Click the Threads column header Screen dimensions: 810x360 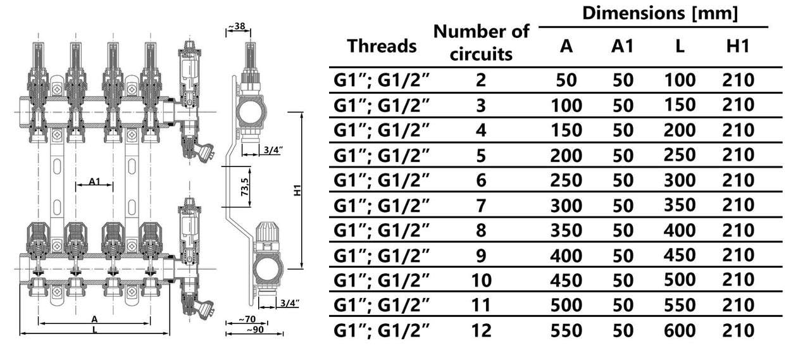[382, 46]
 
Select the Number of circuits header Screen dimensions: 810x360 [481, 42]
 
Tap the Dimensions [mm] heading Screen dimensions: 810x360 [660, 13]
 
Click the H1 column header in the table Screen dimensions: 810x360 [738, 46]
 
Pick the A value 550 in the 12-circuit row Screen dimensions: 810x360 [566, 331]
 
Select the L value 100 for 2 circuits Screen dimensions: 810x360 [680, 80]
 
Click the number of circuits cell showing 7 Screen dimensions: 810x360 [481, 206]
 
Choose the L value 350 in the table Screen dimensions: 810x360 [680, 205]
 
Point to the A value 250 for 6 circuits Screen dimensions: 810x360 [566, 180]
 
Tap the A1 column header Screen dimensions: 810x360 [623, 46]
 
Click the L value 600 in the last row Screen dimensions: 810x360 [680, 331]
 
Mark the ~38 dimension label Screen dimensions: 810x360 [237, 26]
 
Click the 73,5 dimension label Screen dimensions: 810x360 [245, 187]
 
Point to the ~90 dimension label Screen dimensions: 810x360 [255, 330]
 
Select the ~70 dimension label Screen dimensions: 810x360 [247, 319]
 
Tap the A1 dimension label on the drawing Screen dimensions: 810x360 [94, 181]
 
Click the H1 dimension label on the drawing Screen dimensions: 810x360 [297, 190]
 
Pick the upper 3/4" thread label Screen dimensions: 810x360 [273, 150]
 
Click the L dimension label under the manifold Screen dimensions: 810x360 [95, 330]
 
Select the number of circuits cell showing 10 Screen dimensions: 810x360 [482, 280]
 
